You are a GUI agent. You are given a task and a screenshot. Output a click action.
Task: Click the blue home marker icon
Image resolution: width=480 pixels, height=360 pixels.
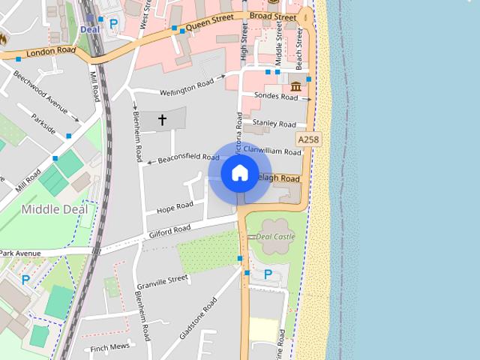coord(239,173)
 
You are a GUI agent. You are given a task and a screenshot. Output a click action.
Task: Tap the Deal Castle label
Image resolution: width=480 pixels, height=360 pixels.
coord(275,236)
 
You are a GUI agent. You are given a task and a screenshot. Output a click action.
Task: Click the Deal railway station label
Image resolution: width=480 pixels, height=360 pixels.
coord(89,29)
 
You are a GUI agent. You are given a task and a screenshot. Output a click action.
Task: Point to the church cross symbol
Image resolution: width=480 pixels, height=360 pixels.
coord(162,119)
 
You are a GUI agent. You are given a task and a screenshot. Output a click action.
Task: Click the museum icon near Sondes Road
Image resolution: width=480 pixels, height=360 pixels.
coord(295,85)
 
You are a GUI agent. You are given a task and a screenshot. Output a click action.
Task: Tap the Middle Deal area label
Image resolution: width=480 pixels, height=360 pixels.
coord(54,209)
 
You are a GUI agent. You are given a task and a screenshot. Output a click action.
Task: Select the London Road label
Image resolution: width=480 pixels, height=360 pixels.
coord(51,52)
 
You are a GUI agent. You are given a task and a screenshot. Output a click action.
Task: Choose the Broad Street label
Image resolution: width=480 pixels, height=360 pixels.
coord(273,16)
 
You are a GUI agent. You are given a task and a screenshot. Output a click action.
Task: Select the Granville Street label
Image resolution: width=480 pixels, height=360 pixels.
coord(161,280)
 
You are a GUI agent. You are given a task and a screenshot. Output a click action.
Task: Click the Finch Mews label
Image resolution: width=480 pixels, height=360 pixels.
coord(109,347)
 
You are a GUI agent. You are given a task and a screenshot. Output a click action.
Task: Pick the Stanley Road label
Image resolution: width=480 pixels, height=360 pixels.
coord(274,123)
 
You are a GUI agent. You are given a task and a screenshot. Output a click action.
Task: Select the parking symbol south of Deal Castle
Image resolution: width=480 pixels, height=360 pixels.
coord(268,275)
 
